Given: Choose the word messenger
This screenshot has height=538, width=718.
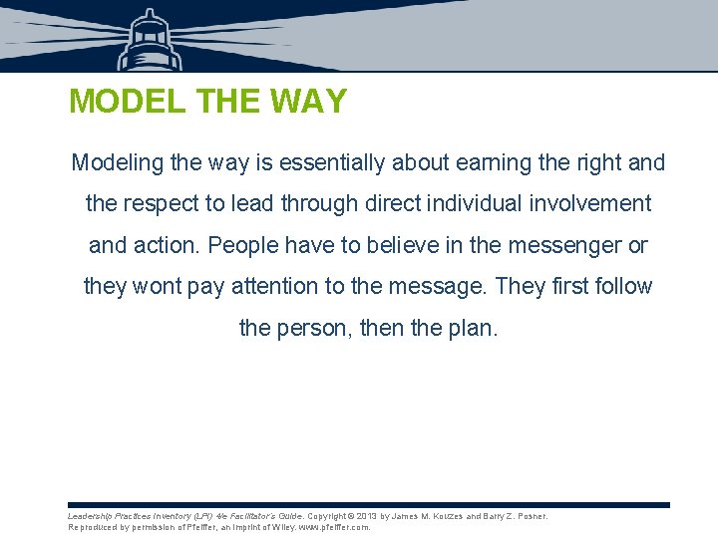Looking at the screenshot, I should coord(560,245).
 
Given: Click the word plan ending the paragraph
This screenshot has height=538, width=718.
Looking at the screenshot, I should coord(468,328).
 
